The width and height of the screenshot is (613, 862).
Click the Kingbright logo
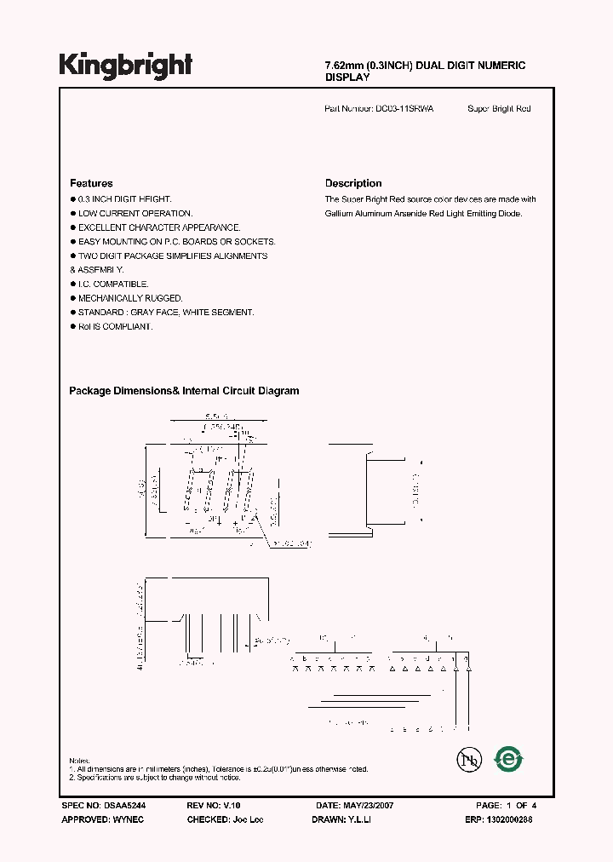click(126, 64)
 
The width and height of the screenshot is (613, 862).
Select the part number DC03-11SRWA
click(404, 109)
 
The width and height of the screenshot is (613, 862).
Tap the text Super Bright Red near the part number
click(499, 109)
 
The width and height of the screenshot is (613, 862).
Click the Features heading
click(91, 183)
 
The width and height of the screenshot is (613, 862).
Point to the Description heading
click(353, 183)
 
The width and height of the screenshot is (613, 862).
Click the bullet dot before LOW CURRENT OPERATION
click(72, 214)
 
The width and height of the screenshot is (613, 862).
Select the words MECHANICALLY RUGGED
click(130, 299)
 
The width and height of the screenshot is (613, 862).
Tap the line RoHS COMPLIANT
click(115, 327)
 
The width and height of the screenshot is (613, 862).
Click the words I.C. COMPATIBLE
click(113, 284)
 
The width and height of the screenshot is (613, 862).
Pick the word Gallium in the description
click(339, 214)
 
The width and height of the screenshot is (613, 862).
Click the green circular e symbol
click(510, 758)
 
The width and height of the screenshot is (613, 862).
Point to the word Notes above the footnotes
click(79, 760)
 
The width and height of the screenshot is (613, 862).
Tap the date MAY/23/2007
click(370, 805)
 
